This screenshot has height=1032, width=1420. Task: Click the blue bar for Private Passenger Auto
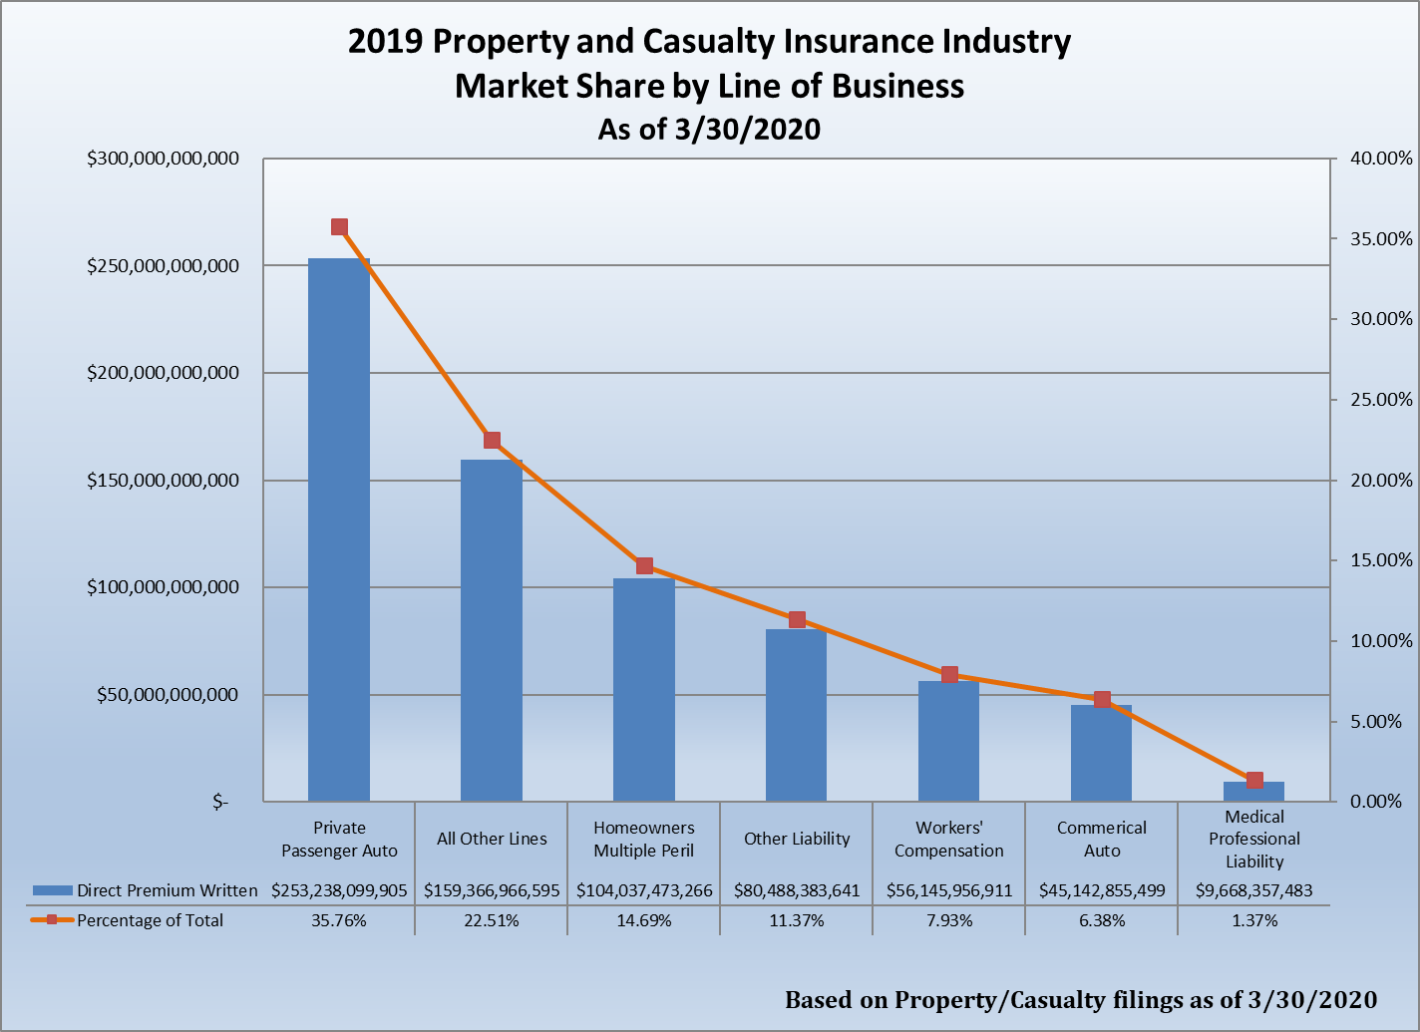339,528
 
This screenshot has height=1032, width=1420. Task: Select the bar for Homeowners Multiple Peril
644,689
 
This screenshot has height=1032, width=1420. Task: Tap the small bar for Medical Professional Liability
1254,791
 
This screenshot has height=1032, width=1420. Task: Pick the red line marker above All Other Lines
492,441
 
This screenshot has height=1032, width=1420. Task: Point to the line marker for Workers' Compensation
949,675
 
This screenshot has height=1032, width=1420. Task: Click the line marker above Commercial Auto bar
1102,700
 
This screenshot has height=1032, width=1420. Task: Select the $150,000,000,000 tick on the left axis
163,481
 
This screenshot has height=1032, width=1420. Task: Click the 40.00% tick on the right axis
1381,159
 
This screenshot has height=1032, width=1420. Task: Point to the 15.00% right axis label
1381,560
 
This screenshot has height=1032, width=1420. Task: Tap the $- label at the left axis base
220,802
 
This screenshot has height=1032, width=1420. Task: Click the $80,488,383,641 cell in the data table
797,890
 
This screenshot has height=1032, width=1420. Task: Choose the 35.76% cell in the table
339,920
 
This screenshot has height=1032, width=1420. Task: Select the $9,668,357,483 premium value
1254,890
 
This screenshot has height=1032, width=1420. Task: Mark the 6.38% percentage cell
1102,920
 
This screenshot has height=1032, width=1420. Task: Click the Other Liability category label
797,839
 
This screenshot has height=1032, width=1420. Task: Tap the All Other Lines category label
492,839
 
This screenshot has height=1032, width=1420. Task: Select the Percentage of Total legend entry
150,920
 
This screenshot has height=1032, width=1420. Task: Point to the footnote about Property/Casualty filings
1081,1000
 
